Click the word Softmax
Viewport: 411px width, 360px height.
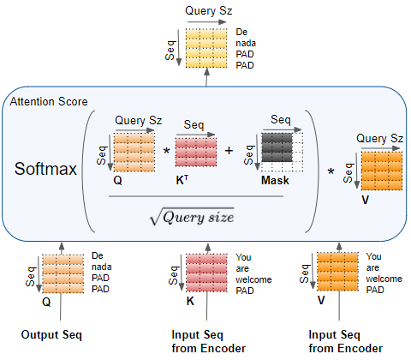pyautogui.click(x=46, y=167)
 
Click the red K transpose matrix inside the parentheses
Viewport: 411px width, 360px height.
pyautogui.click(x=197, y=153)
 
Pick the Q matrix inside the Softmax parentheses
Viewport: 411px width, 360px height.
pyautogui.click(x=134, y=152)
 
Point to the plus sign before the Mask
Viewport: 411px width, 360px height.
pyautogui.click(x=229, y=151)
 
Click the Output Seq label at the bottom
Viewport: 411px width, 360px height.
pyautogui.click(x=51, y=334)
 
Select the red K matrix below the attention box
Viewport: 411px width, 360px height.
pyautogui.click(x=208, y=272)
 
